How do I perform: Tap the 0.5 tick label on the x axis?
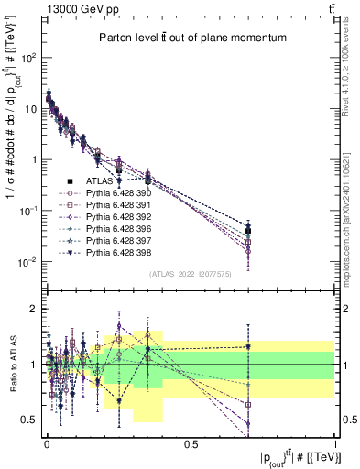point(191,442)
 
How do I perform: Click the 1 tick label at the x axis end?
point(335,442)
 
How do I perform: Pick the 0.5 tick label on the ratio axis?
point(29,420)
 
